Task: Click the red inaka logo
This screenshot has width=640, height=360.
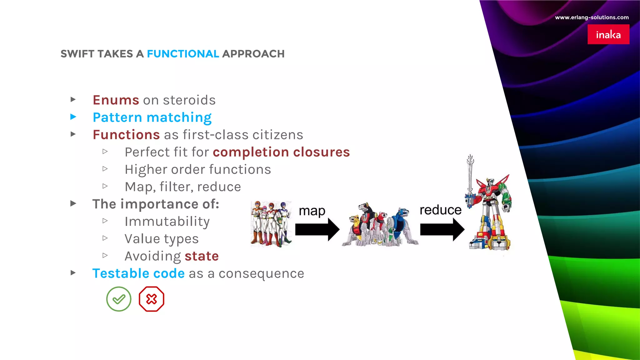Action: (x=608, y=34)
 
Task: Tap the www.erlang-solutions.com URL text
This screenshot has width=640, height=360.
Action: (x=592, y=17)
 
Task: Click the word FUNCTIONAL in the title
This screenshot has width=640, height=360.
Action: (x=183, y=54)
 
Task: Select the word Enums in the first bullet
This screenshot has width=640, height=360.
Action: (x=116, y=100)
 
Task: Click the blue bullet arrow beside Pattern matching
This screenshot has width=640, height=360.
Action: (x=73, y=117)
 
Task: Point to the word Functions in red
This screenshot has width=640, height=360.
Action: (x=126, y=135)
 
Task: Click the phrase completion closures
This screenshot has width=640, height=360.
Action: (x=281, y=152)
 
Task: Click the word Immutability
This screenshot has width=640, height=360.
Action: (x=167, y=222)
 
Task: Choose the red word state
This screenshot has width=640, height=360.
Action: (x=202, y=256)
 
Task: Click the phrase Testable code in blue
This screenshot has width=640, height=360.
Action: (x=138, y=273)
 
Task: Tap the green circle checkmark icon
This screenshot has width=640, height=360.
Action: (x=119, y=299)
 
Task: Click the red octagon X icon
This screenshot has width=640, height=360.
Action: (x=152, y=299)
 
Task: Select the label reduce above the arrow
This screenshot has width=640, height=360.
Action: (x=440, y=210)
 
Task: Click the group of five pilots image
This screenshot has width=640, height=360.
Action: (x=271, y=223)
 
